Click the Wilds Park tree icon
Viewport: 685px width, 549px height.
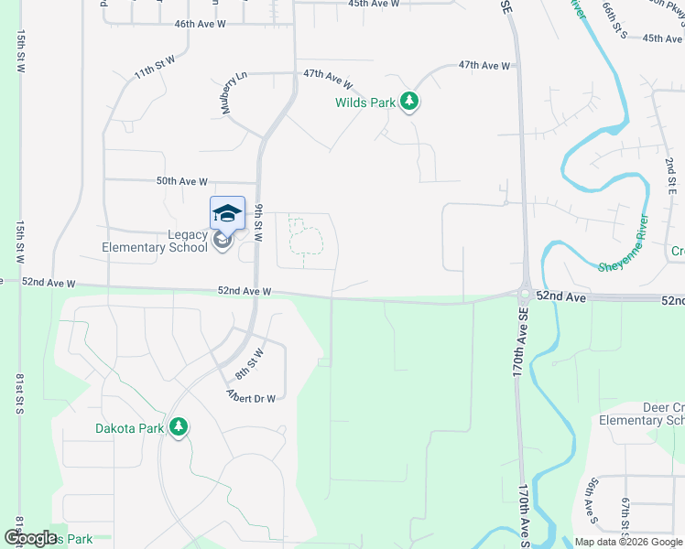click(409, 102)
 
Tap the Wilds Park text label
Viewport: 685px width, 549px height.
click(365, 102)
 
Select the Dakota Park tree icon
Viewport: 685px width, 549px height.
click(179, 427)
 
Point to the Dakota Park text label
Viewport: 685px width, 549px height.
click(129, 427)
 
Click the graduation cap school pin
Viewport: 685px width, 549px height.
click(227, 215)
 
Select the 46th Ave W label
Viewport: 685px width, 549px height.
click(200, 23)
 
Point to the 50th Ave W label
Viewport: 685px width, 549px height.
click(182, 181)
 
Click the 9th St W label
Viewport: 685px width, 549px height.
click(259, 222)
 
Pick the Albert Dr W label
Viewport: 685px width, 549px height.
click(251, 395)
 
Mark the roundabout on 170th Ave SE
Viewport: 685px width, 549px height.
click(524, 296)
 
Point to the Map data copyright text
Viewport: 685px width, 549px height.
click(627, 541)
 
